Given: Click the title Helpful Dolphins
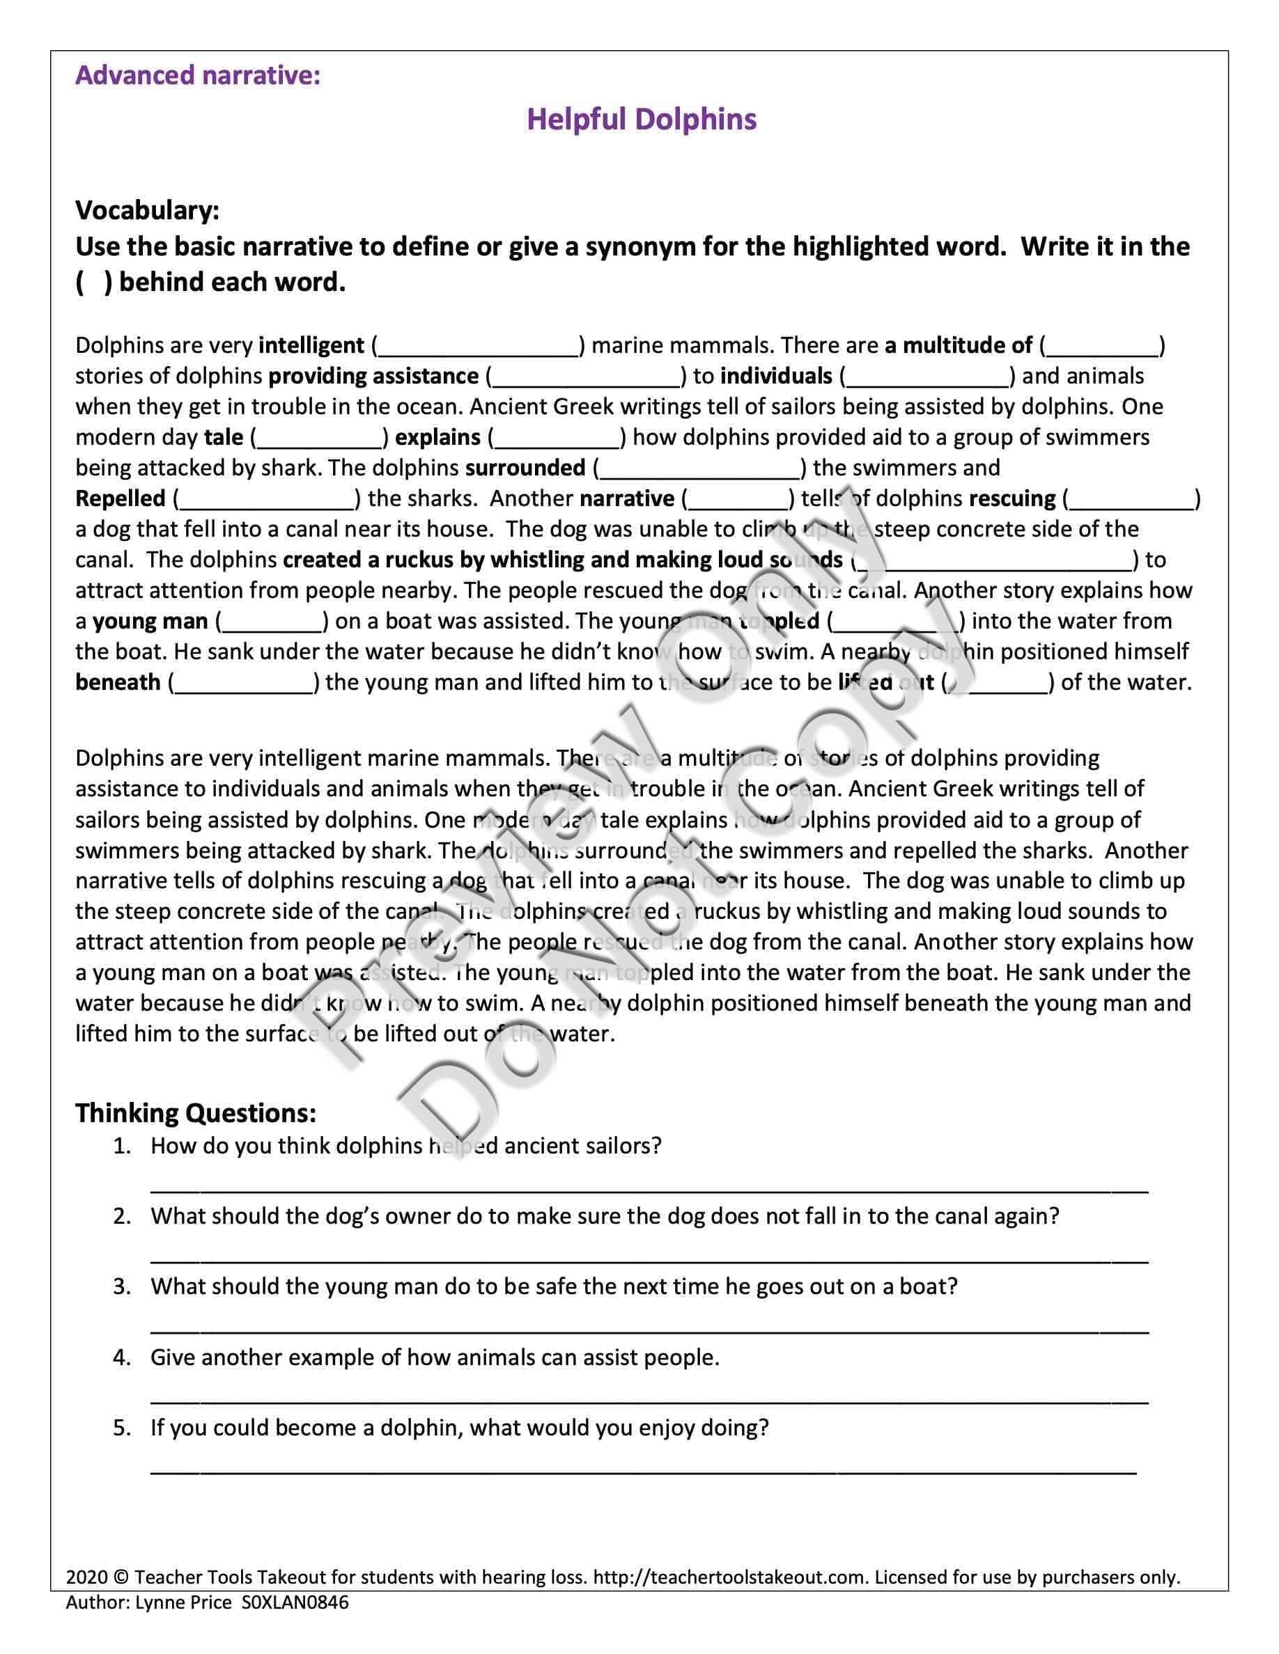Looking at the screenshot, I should point(641,120).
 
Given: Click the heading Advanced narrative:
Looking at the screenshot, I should point(198,76).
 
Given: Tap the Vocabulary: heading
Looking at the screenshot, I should point(147,210).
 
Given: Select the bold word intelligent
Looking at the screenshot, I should point(311,346).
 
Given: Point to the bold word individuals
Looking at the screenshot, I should point(776,377).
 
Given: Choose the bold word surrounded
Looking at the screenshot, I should point(525,468).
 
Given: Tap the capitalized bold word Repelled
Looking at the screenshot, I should point(121,499).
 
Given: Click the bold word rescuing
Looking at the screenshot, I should point(1011,499).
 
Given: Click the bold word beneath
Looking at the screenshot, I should point(118,683).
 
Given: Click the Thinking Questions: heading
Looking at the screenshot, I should point(196,1113).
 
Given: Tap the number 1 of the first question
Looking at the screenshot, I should point(121,1147).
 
